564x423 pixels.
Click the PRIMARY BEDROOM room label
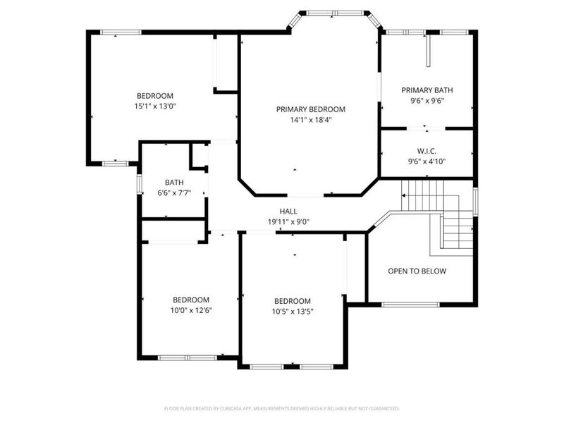coord(310,109)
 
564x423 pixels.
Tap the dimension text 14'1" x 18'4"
coord(310,120)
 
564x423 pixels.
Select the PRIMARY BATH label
coord(427,90)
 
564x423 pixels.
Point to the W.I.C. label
coord(427,151)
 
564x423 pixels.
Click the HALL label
coord(288,211)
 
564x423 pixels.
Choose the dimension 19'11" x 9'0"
coord(288,221)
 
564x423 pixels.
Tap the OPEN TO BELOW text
coord(417,271)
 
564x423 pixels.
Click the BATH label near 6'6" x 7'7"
coord(174,182)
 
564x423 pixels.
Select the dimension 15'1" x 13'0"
coord(154,106)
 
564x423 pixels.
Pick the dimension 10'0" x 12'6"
coord(191,310)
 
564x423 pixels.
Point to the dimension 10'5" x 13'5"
coord(292,311)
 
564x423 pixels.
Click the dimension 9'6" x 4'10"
coord(427,161)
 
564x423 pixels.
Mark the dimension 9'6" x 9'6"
coord(427,101)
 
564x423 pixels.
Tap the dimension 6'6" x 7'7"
coord(174,192)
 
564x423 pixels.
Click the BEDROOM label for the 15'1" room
coord(154,96)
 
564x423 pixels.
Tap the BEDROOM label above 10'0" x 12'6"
coord(191,300)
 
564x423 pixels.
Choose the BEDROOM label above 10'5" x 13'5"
coord(292,300)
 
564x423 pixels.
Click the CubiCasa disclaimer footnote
coord(282,408)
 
